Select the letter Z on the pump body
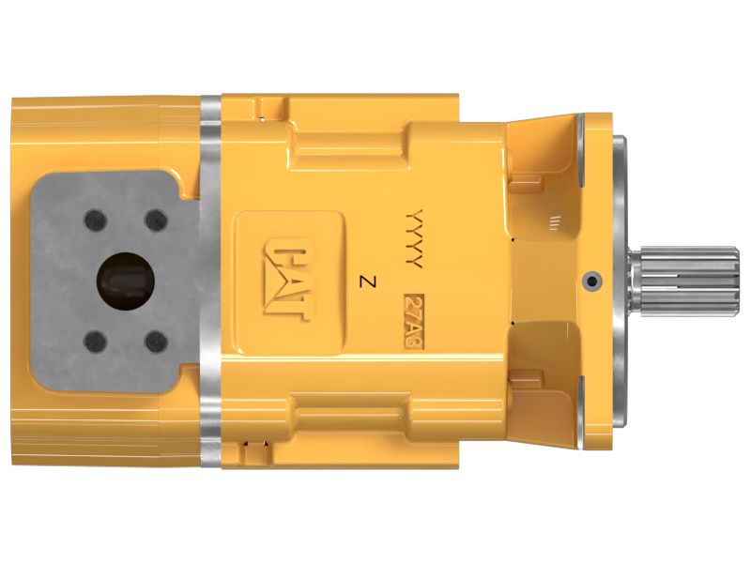click(x=367, y=281)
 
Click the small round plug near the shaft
click(x=589, y=279)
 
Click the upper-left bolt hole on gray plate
click(x=93, y=221)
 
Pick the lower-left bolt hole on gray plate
click(x=93, y=341)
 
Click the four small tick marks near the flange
click(x=554, y=221)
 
